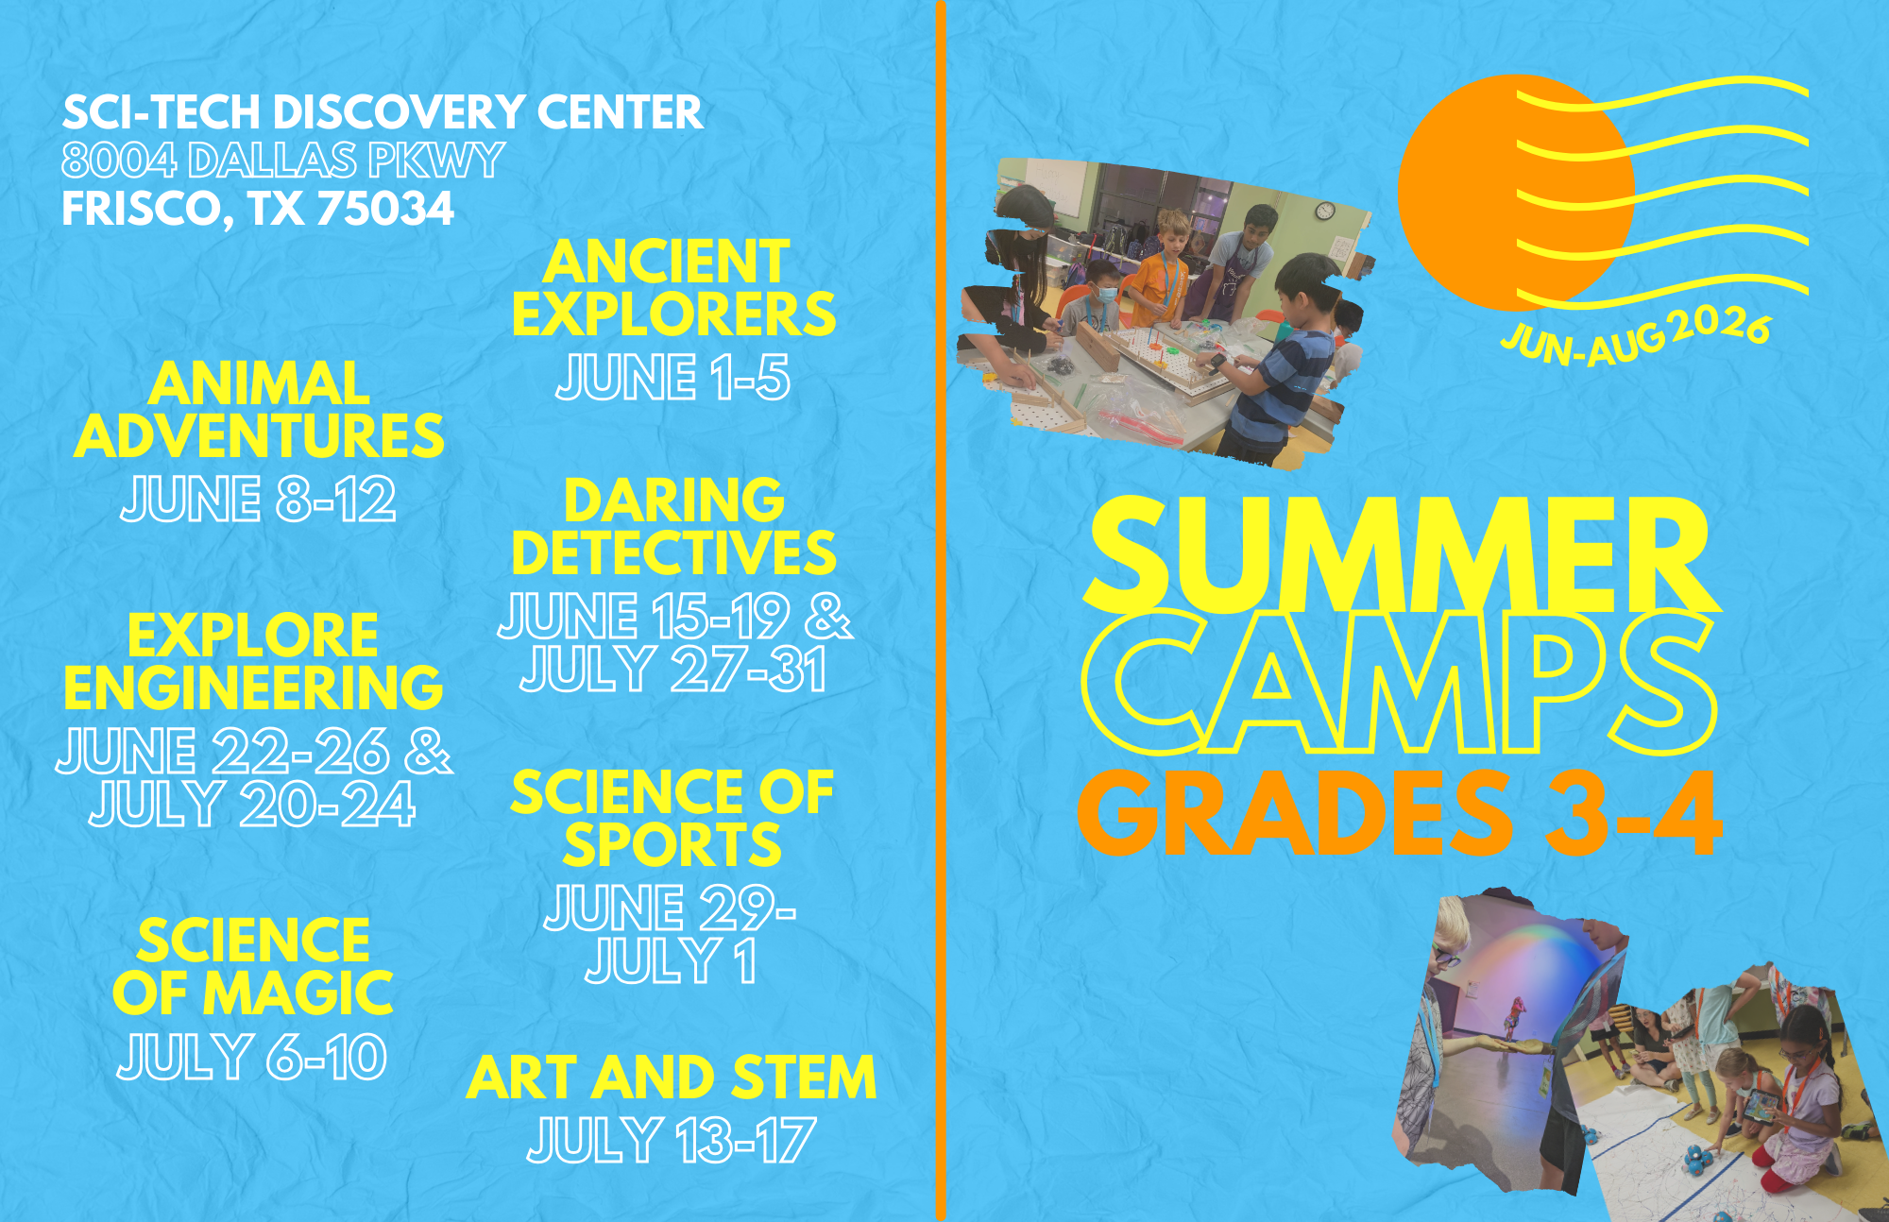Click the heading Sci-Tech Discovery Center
click(x=383, y=112)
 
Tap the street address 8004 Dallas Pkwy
click(x=283, y=161)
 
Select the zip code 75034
click(x=385, y=209)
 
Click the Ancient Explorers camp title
click(x=673, y=288)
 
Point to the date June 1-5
click(x=672, y=378)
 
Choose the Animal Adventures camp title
click(x=259, y=410)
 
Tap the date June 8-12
click(x=258, y=499)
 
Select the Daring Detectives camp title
click(x=673, y=527)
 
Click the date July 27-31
click(x=673, y=670)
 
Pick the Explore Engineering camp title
click(x=253, y=661)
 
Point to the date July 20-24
click(x=252, y=804)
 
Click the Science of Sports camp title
click(x=672, y=818)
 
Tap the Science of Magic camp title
click(x=252, y=967)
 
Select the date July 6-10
click(x=252, y=1057)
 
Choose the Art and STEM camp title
click(x=672, y=1078)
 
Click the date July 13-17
click(x=672, y=1140)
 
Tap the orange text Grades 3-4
click(x=1401, y=813)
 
